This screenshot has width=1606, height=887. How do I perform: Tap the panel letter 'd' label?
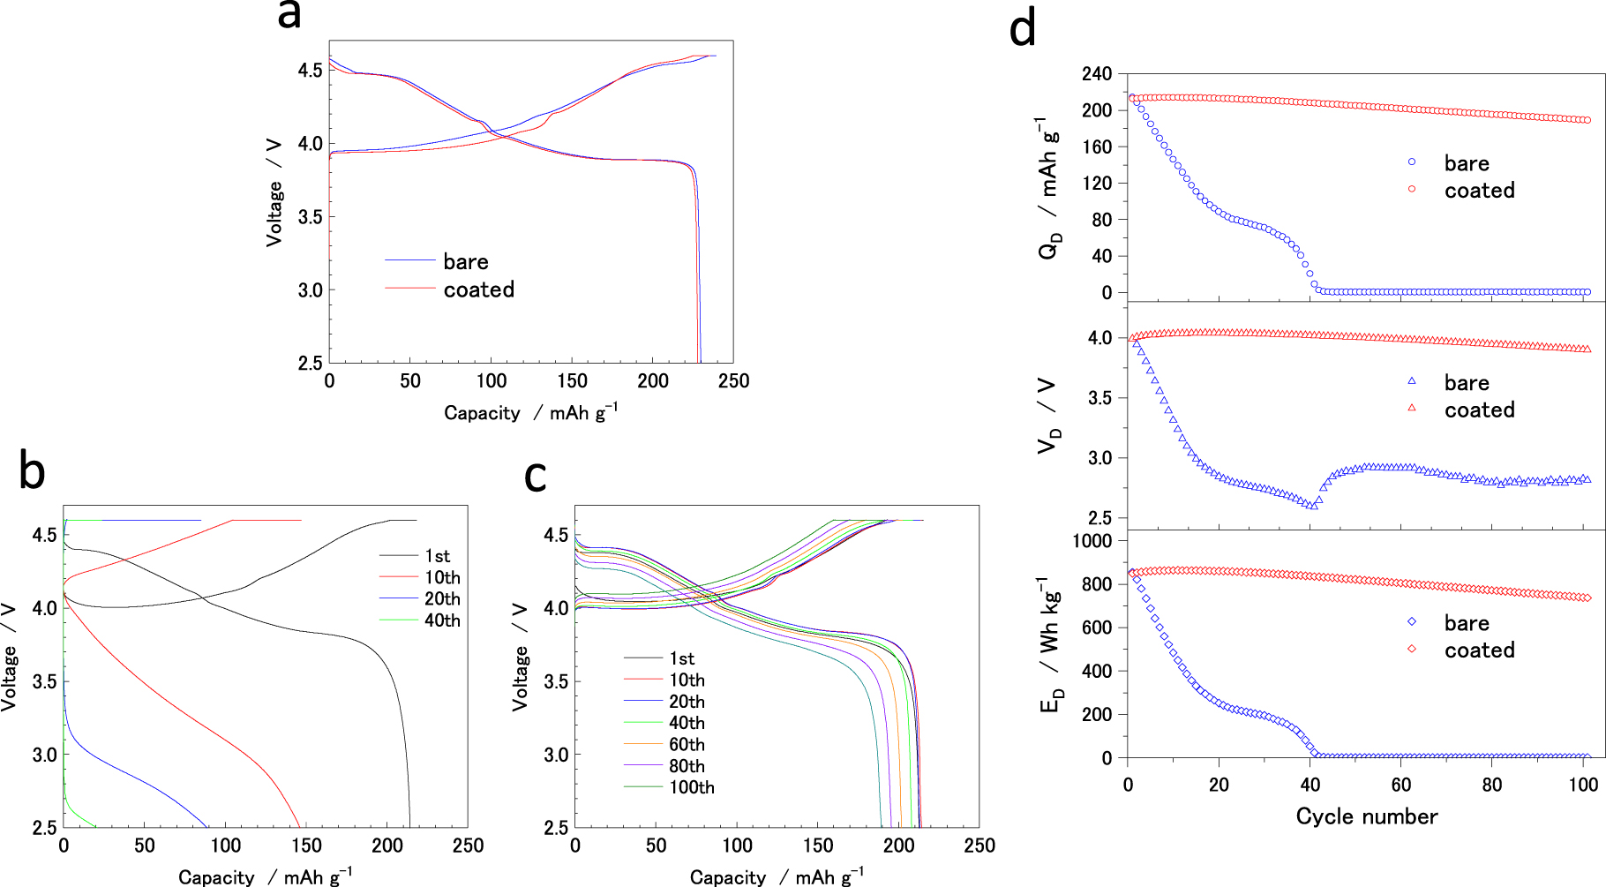1022,30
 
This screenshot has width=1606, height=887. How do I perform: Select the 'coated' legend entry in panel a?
478,289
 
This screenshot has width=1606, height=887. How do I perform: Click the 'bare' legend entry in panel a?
465,262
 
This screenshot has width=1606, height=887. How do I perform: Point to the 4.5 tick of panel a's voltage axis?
310,71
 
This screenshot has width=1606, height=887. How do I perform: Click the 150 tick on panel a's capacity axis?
572,381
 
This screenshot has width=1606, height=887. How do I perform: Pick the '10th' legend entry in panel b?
442,577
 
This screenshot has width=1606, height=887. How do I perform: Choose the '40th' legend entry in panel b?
442,620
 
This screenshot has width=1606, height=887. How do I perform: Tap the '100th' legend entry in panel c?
692,787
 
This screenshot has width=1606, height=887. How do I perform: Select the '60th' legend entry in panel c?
687,744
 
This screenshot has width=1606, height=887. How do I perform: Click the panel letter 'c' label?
536,476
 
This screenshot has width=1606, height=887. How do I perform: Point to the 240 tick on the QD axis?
1097,74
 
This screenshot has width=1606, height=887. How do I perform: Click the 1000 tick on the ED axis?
1092,540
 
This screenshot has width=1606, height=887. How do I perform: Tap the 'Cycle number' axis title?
1366,816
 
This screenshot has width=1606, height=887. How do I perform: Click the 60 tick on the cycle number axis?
1401,786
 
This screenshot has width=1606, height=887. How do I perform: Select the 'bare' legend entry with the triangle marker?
1466,383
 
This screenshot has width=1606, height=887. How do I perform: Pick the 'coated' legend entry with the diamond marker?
1479,650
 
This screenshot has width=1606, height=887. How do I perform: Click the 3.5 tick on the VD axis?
1099,398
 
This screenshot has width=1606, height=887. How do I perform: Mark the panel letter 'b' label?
32,472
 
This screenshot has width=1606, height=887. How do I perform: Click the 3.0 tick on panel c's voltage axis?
556,755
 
